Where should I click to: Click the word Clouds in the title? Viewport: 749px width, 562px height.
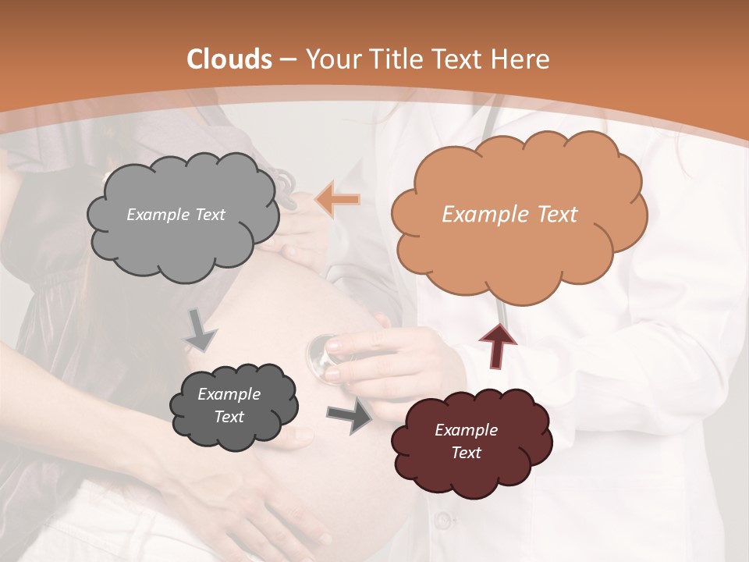tap(229, 59)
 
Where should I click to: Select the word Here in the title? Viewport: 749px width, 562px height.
tap(522, 59)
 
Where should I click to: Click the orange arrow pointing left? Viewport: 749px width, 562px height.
tap(339, 201)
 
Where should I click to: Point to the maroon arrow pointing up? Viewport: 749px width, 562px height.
tap(498, 346)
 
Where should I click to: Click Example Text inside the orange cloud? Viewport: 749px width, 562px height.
tap(509, 215)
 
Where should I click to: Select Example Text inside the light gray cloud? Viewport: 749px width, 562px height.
tap(176, 215)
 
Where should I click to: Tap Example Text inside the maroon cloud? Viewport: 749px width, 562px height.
tap(466, 441)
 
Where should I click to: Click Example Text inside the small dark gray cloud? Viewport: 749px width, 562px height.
tap(229, 405)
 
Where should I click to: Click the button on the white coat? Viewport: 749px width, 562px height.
tap(442, 519)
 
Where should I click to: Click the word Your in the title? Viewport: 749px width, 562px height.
tap(331, 59)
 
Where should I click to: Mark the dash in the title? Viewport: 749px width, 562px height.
tap(287, 59)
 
